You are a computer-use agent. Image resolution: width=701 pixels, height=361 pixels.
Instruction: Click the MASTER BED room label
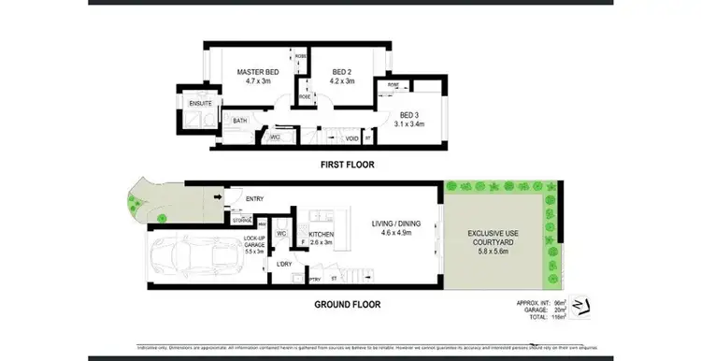click(x=256, y=72)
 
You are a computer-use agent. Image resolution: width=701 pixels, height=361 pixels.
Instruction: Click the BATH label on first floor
click(x=240, y=121)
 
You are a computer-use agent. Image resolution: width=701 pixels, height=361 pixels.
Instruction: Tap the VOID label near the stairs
click(x=351, y=138)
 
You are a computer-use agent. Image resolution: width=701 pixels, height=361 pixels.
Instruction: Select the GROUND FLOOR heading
click(x=347, y=304)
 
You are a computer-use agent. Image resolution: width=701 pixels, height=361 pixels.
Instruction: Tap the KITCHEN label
click(x=321, y=236)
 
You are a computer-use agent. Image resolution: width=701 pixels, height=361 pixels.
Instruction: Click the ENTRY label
click(x=254, y=198)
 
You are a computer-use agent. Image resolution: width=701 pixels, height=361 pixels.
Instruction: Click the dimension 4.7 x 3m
click(x=256, y=81)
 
